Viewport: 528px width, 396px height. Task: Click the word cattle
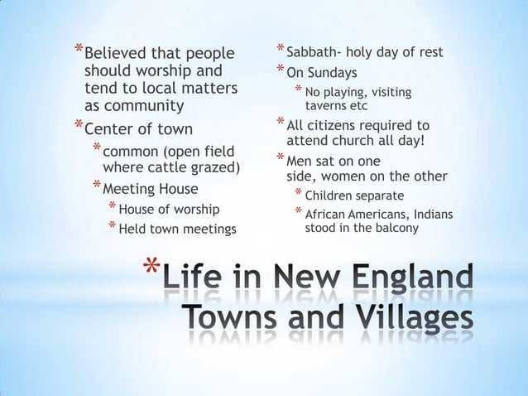170,169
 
